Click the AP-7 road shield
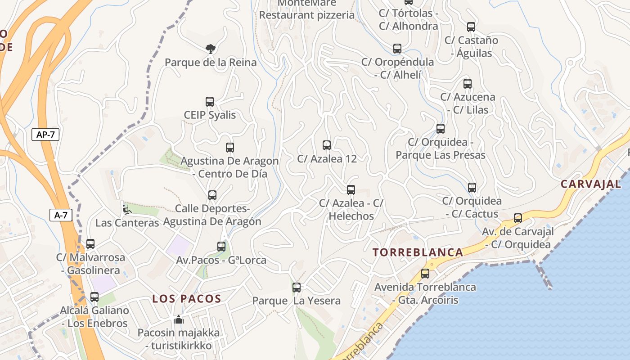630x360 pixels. pos(45,134)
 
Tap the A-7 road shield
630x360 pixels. pos(61,215)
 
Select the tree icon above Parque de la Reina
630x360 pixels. pos(210,49)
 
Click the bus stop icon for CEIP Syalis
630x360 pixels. pos(210,102)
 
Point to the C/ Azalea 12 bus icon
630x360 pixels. pos(327,145)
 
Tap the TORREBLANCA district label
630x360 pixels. pos(418,252)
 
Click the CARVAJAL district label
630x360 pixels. pos(591,184)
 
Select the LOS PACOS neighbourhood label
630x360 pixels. pos(187,298)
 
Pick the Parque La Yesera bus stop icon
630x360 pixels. pos(297,287)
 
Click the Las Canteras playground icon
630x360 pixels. pos(127,209)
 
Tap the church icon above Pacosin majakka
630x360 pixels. pos(179,320)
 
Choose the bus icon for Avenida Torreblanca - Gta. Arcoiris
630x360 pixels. pos(425,273)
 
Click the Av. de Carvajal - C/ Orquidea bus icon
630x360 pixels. pos(518,218)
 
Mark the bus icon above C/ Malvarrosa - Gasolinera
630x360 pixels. pos(90,244)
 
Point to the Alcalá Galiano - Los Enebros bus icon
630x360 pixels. pos(94,297)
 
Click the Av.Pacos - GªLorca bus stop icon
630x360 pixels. pos(221,247)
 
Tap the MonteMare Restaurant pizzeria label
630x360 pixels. pos(307,10)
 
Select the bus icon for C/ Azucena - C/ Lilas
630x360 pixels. pos(468,83)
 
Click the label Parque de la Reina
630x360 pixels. pos(211,62)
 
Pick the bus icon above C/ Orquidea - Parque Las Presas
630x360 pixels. pos(441,129)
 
